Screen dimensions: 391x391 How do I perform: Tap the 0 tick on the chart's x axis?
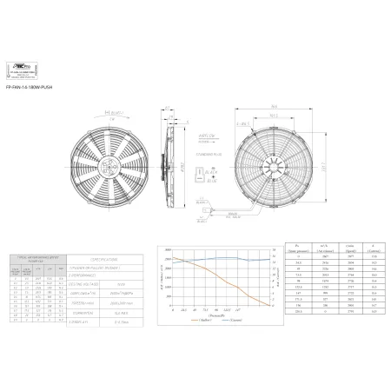tap(172, 309)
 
